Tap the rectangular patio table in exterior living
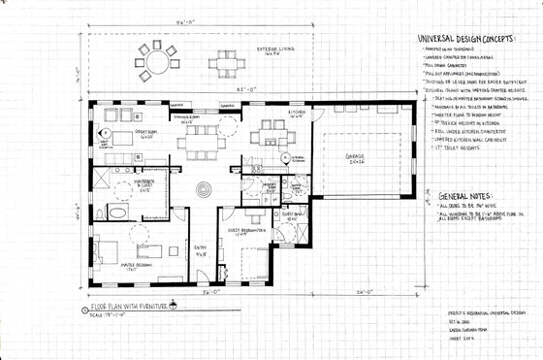point(225,63)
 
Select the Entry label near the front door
point(202,253)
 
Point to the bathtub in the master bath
point(114,211)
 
